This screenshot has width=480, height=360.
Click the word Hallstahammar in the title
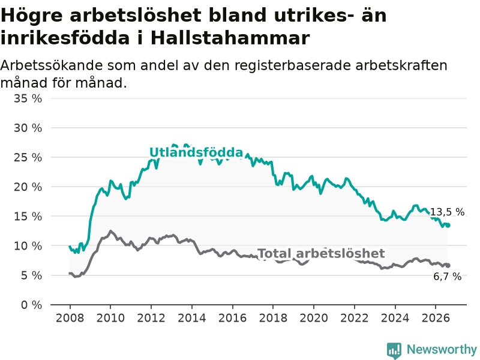click(x=230, y=38)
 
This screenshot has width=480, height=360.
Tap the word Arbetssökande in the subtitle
click(x=52, y=65)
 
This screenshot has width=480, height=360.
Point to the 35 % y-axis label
click(x=28, y=98)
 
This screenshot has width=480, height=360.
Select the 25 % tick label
click(x=28, y=157)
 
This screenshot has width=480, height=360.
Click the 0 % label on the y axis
click(x=32, y=305)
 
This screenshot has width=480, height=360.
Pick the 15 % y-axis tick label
click(x=28, y=217)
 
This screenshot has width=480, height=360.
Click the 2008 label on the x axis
click(x=70, y=318)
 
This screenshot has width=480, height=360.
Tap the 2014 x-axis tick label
click(x=191, y=318)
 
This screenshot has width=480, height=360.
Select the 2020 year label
click(x=314, y=318)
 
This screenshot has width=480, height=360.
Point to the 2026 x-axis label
click(x=436, y=318)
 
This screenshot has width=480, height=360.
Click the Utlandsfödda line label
click(x=196, y=152)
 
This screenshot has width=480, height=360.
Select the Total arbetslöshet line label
click(x=321, y=253)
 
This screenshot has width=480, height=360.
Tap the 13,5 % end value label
click(x=448, y=212)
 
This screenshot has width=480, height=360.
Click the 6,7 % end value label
click(x=447, y=277)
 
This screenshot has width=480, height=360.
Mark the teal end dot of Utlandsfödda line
click(x=448, y=226)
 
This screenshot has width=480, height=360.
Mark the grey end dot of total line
click(x=448, y=265)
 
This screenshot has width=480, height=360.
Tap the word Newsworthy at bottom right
click(x=442, y=349)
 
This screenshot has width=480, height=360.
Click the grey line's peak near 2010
click(x=110, y=231)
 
